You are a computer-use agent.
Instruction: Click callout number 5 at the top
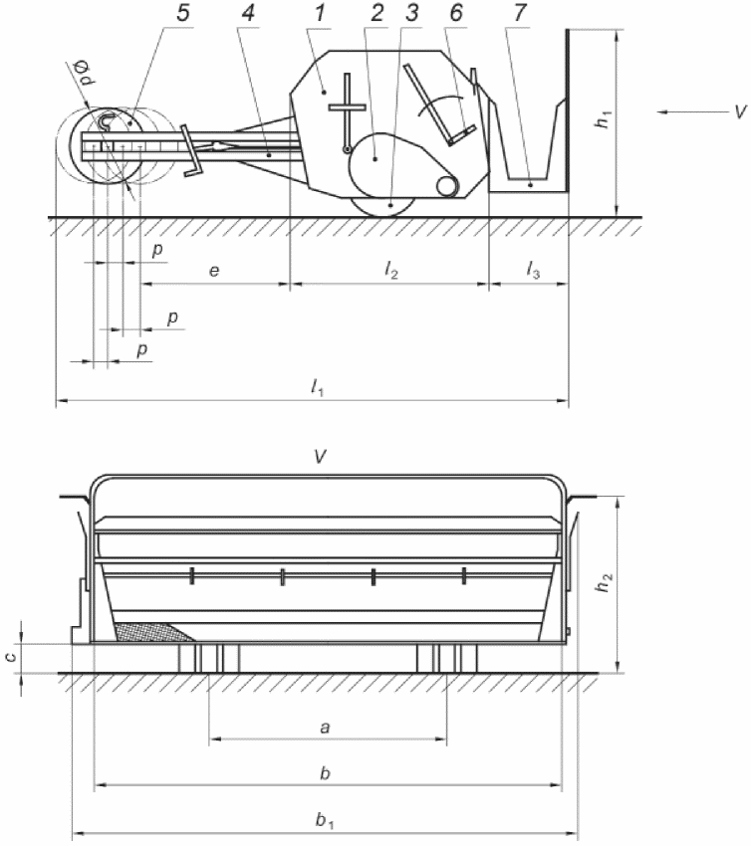[183, 13]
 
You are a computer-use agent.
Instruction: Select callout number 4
[248, 13]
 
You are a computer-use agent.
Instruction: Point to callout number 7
[520, 13]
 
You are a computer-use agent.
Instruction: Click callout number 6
[456, 13]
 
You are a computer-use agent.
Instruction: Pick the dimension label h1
[603, 118]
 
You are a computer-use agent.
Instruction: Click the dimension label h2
[605, 581]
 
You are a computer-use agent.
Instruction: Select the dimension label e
[214, 271]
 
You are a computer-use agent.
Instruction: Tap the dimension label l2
[391, 269]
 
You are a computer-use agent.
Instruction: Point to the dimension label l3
[533, 269]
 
